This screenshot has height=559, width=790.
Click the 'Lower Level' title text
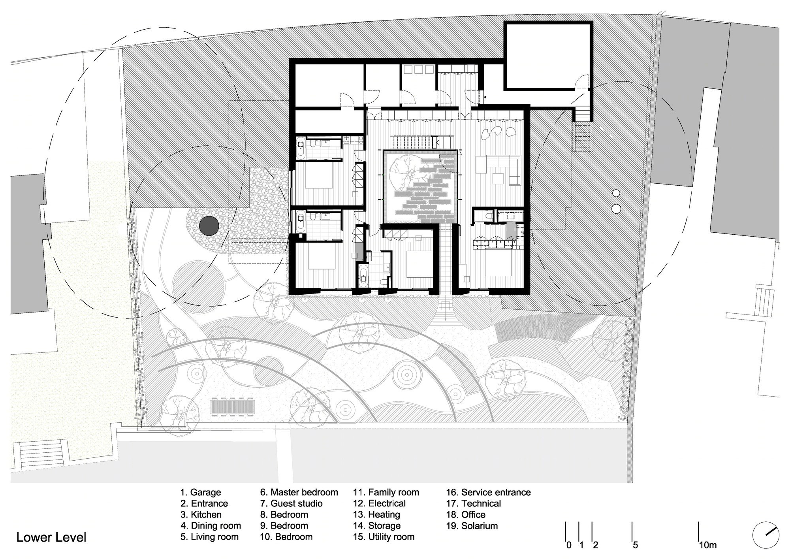51,538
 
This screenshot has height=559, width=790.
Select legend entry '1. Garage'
201,493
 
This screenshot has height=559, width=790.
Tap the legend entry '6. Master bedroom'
299,493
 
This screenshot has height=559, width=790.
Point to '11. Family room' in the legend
386,493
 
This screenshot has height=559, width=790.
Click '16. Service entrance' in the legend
489,493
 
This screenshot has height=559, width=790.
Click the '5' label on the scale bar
635,545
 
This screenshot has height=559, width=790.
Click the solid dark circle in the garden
209,226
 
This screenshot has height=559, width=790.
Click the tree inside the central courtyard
404,173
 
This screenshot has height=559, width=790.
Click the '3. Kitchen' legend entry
201,515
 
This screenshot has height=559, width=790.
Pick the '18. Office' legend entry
466,515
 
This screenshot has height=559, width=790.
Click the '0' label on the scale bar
569,545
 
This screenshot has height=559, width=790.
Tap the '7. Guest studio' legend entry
291,504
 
